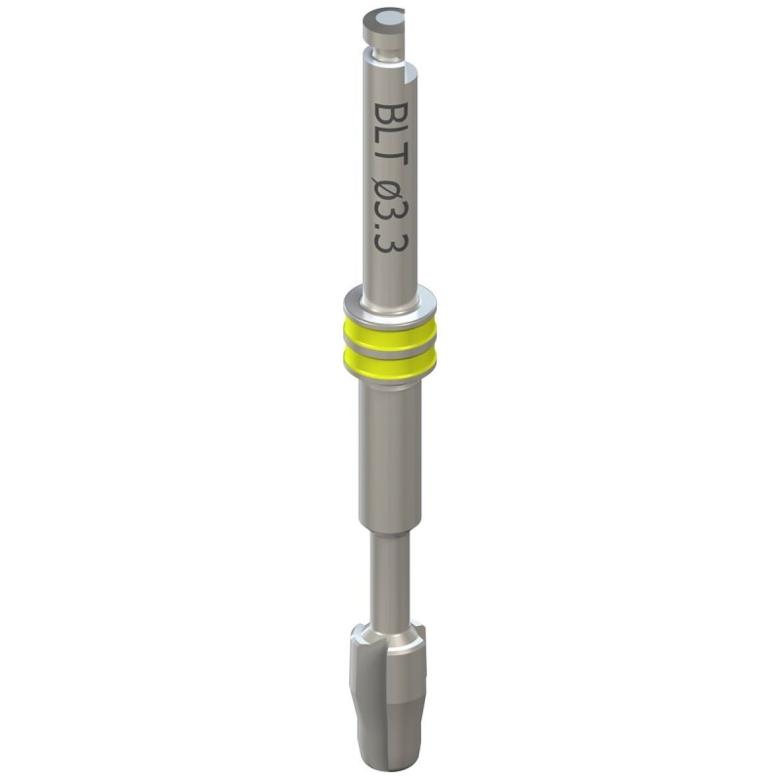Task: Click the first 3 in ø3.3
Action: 389,218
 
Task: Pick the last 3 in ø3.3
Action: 389,254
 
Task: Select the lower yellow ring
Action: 389,365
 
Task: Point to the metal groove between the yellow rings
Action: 389,350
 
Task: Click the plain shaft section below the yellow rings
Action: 389,458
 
